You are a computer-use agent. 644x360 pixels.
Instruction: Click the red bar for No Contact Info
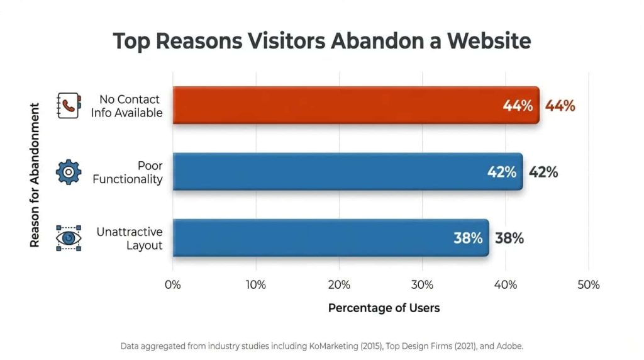pos(356,105)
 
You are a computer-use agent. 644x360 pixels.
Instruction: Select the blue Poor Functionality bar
pos(347,171)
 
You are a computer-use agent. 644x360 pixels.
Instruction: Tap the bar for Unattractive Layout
pos(331,238)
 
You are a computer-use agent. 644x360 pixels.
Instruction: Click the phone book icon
pos(69,106)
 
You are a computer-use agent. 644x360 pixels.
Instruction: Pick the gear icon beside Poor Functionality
pos(69,172)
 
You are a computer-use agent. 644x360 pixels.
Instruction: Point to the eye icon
pos(69,238)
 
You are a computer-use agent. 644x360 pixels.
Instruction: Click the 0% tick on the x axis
pos(172,285)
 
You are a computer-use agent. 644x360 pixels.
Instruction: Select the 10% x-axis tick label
pos(256,285)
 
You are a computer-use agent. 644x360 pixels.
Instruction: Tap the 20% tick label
pos(339,285)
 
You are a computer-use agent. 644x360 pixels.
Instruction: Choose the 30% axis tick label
pos(422,285)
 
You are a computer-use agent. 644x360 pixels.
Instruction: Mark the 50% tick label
pos(589,285)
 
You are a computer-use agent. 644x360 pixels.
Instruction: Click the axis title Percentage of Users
pos(384,308)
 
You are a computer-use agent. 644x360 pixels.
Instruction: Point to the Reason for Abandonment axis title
pos(35,175)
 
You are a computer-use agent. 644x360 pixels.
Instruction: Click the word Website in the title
pos(489,41)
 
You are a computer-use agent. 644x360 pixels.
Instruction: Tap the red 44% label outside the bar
pos(560,106)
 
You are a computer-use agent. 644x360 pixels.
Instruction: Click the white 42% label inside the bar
pos(502,172)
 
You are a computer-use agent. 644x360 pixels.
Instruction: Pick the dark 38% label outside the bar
pos(509,239)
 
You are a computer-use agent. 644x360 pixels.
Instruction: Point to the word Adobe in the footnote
pos(509,346)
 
